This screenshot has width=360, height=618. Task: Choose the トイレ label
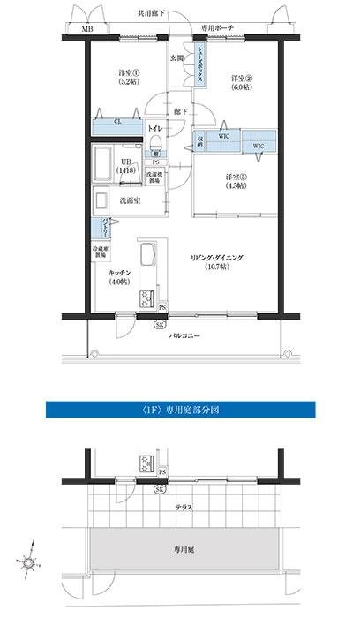(154, 129)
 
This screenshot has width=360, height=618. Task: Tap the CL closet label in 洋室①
(118, 122)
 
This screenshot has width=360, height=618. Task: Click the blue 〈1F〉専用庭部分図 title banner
(179, 410)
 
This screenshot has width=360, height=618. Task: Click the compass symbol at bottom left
(29, 562)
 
